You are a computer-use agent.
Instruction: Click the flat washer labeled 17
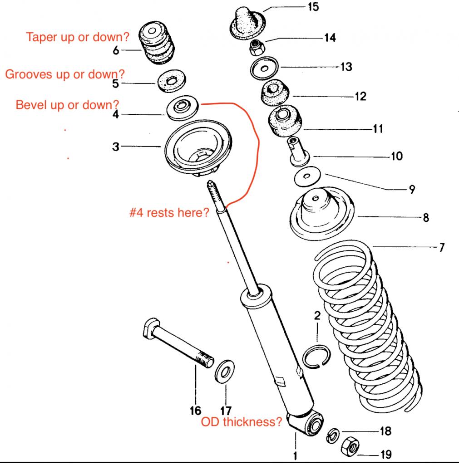(225, 370)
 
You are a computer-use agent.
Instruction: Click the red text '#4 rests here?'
(169, 212)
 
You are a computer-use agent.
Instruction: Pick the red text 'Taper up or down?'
(74, 37)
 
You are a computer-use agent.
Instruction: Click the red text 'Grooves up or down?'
(65, 74)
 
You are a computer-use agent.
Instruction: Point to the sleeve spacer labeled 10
(296, 150)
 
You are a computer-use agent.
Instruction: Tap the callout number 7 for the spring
(442, 247)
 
